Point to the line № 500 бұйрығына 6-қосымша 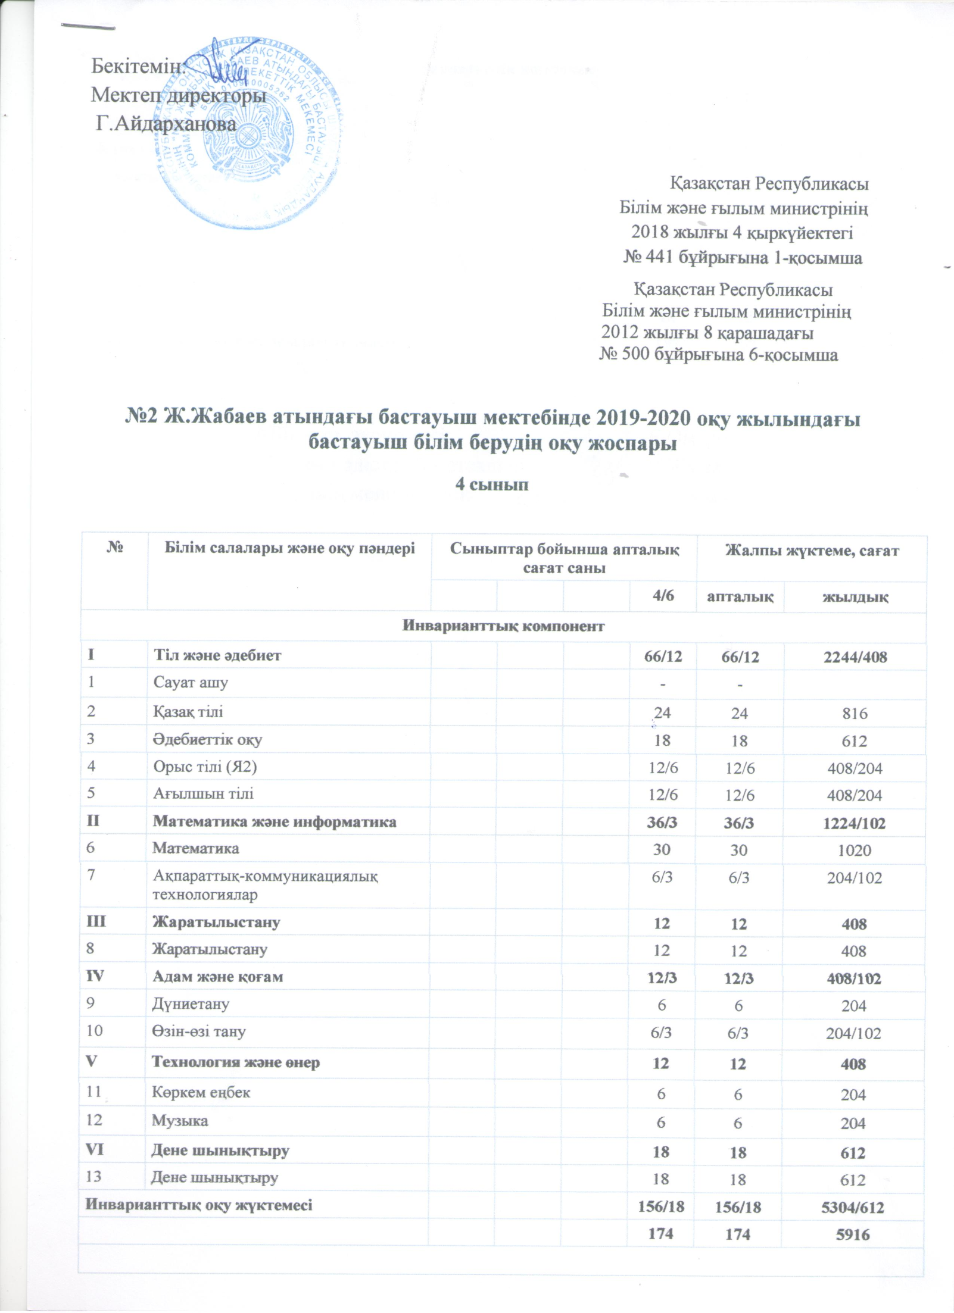[718, 355]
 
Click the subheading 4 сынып [492, 484]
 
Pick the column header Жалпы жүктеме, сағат [811, 551]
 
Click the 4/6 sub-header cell [662, 596]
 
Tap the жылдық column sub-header [855, 596]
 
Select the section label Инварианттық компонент [504, 626]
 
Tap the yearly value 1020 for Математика [855, 850]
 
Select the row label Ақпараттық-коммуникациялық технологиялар [265, 884]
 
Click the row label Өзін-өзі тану [199, 1031]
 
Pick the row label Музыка [180, 1121]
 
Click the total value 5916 [855, 1234]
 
